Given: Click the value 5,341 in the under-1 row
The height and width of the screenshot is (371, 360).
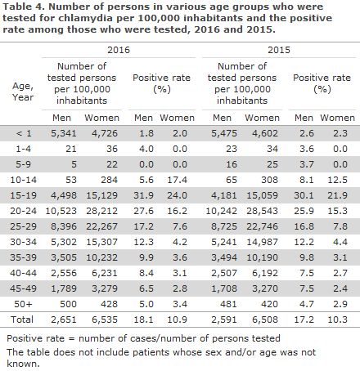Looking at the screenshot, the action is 64,133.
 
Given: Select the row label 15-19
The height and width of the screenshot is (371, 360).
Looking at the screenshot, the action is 23,195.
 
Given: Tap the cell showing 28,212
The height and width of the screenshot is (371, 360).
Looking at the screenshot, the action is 102,211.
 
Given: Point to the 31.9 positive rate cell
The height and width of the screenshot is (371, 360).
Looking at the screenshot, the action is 143,195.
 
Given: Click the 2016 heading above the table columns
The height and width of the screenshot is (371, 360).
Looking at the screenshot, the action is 119,50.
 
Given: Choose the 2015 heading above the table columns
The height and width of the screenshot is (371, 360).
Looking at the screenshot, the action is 279,50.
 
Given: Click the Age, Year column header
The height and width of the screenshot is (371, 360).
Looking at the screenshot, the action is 23,92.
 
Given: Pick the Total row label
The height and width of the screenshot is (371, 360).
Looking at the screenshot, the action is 22,320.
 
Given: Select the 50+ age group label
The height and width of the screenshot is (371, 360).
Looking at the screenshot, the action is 23,304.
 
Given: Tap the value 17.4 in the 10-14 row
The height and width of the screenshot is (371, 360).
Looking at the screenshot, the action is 178,180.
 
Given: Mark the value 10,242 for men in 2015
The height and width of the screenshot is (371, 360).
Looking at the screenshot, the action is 221,211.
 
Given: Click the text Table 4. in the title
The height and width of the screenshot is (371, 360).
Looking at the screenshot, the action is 24,7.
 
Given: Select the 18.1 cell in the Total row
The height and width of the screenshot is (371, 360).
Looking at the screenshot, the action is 143,320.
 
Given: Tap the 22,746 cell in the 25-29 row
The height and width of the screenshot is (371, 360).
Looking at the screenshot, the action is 263,226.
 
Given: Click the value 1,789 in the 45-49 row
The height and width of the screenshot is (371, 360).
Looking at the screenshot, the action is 64,288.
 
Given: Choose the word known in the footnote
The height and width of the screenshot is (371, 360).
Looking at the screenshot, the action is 23,364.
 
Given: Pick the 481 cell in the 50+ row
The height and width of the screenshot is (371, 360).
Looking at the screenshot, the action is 228,304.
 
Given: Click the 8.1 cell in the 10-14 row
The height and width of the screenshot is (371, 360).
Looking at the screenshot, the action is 307,180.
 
